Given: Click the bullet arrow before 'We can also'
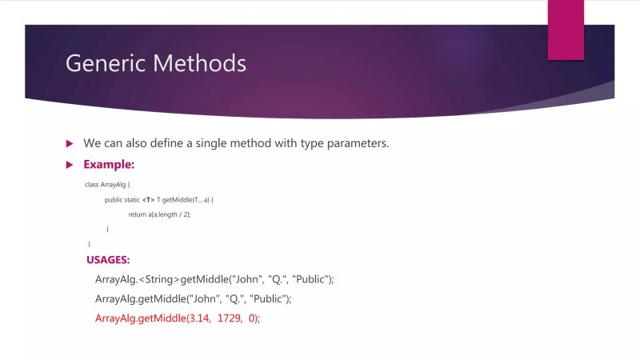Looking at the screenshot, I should pyautogui.click(x=69, y=143).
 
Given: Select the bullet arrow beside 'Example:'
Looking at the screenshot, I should pyautogui.click(x=69, y=165).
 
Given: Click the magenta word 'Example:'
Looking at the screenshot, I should pyautogui.click(x=109, y=165).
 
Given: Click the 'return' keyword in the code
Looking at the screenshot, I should pyautogui.click(x=137, y=214).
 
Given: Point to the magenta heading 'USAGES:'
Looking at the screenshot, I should pyautogui.click(x=109, y=260).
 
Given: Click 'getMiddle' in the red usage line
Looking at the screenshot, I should pyautogui.click(x=161, y=318).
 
